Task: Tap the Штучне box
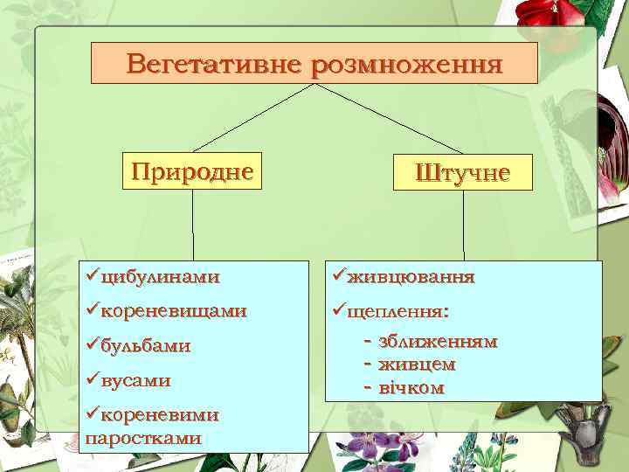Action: tap(463, 171)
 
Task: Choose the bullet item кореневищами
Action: tap(173, 310)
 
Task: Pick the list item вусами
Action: tap(135, 380)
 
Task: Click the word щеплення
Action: tap(397, 310)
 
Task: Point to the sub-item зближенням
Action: tap(438, 341)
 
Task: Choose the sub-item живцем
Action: tap(417, 363)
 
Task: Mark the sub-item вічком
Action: tap(411, 387)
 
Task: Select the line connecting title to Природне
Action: tap(253, 117)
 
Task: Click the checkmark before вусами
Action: tap(93, 379)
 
